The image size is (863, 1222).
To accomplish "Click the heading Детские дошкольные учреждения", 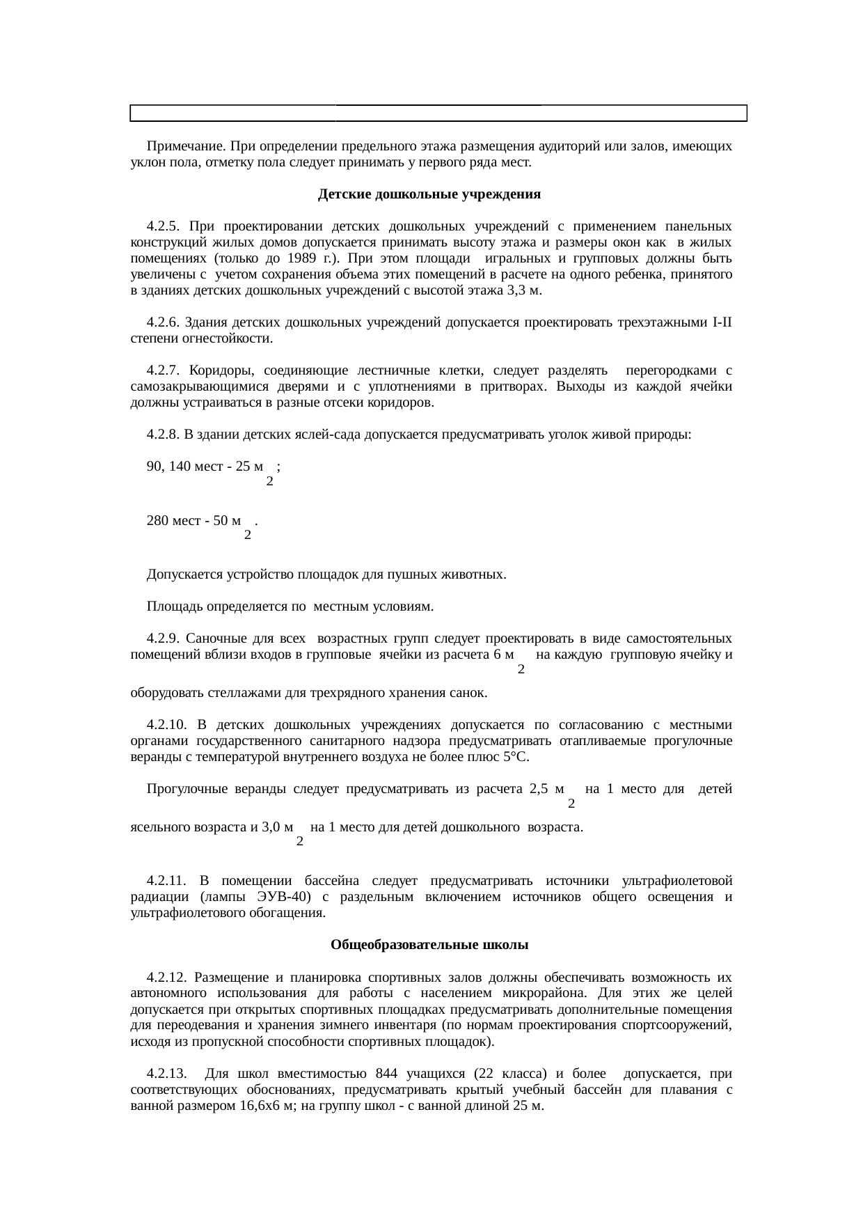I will click(x=429, y=195).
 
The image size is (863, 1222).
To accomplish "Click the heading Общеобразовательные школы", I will click(x=429, y=945).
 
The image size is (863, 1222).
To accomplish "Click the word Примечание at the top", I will click(x=185, y=147).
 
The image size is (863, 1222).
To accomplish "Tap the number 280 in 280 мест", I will click(x=157, y=521).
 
